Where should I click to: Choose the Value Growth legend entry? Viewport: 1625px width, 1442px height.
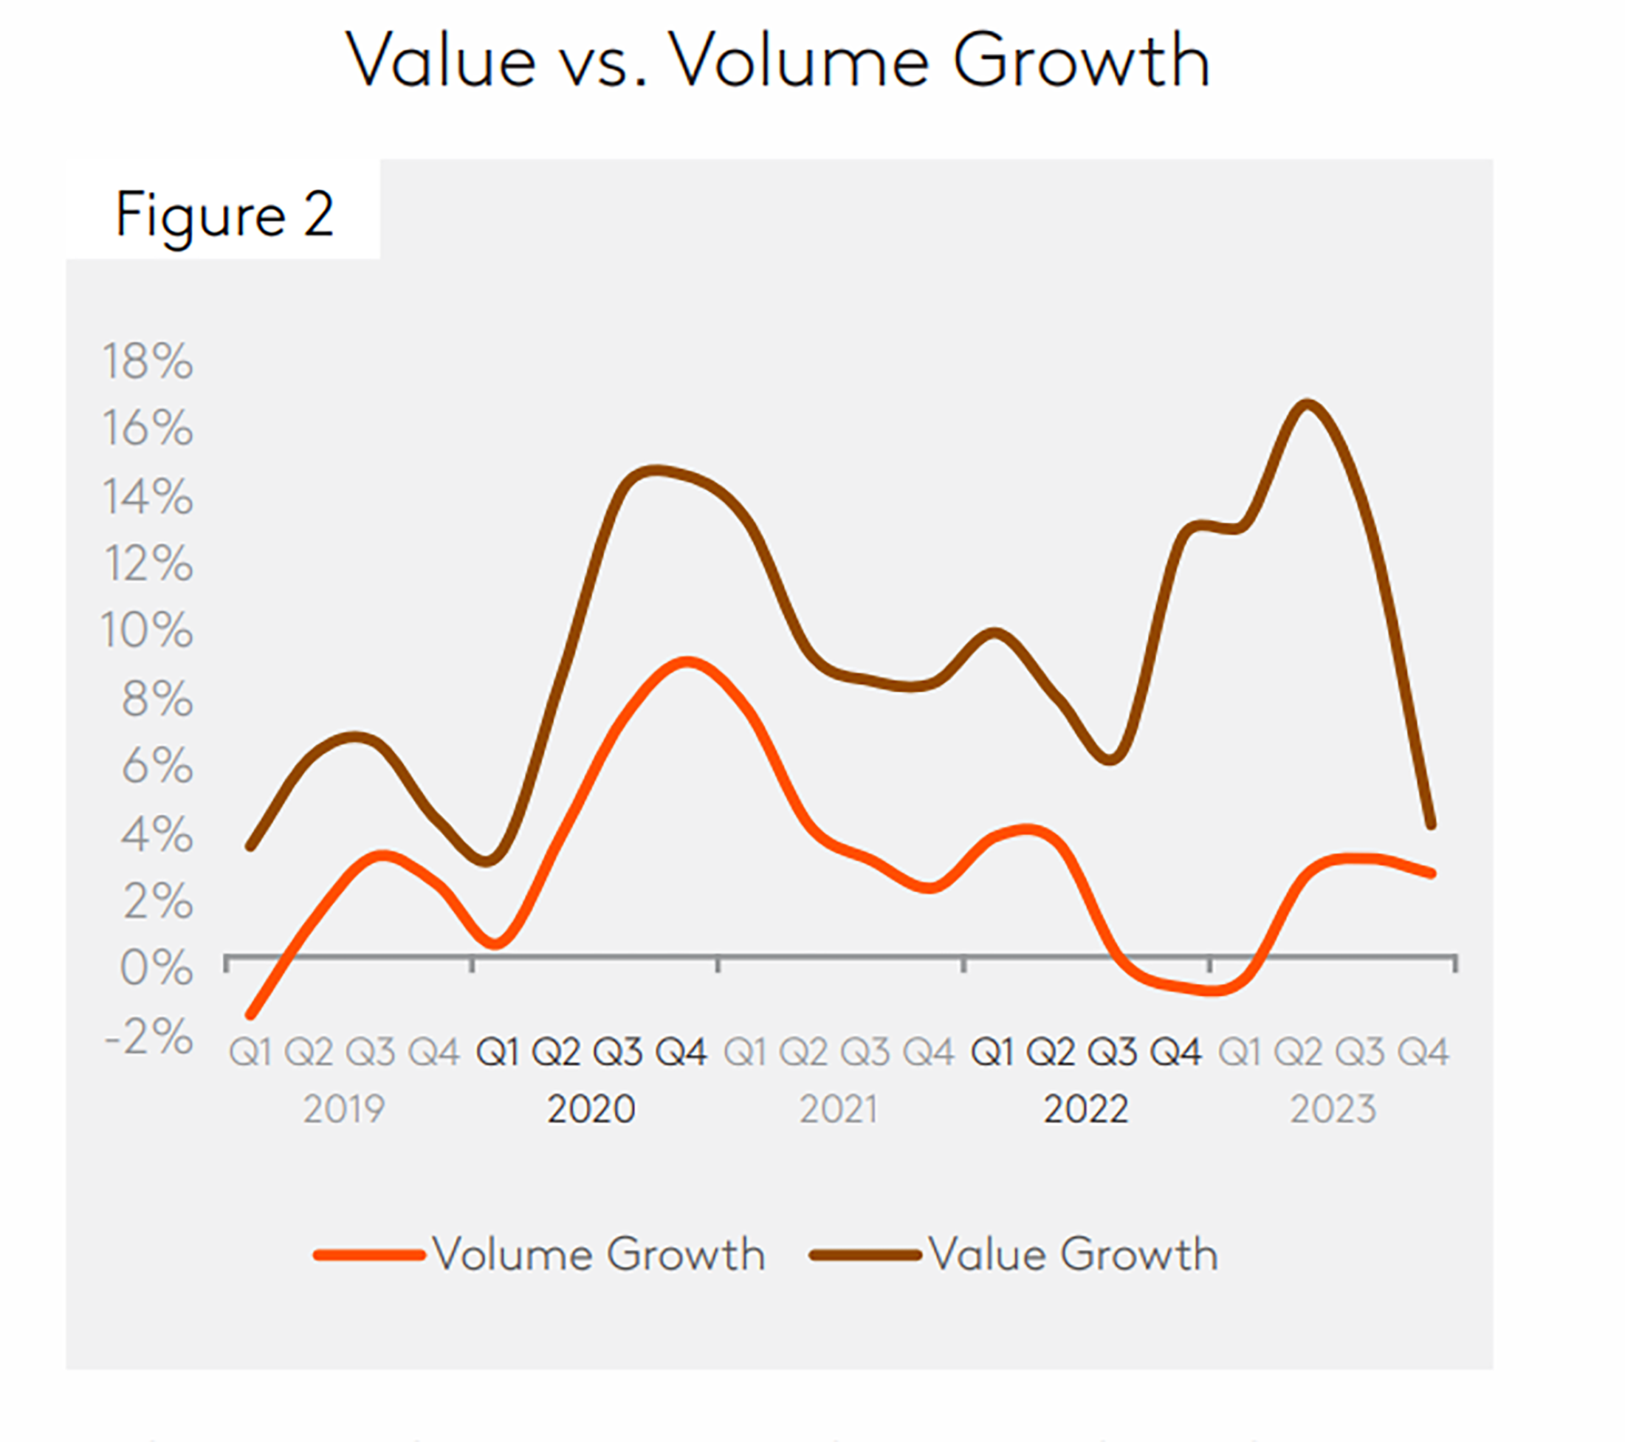pyautogui.click(x=1014, y=1254)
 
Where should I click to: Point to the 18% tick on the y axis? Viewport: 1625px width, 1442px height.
pyautogui.click(x=148, y=361)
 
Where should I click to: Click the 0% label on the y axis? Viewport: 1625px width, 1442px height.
pyautogui.click(x=156, y=968)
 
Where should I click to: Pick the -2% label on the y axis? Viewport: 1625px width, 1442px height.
pyautogui.click(x=149, y=1036)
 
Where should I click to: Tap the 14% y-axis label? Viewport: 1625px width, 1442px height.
pyautogui.click(x=148, y=496)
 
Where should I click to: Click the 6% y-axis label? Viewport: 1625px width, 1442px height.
pyautogui.click(x=157, y=766)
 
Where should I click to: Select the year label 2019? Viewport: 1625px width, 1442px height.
pyautogui.click(x=343, y=1108)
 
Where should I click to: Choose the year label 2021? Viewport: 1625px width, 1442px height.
pyautogui.click(x=839, y=1108)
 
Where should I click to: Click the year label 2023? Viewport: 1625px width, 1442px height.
pyautogui.click(x=1333, y=1108)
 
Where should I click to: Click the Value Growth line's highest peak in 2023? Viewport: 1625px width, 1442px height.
pyautogui.click(x=1307, y=405)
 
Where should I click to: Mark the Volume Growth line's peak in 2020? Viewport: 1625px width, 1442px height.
pyautogui.click(x=687, y=662)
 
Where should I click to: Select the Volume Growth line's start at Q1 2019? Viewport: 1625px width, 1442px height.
pyautogui.click(x=251, y=1015)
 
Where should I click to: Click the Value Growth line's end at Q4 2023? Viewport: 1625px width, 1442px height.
pyautogui.click(x=1431, y=826)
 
